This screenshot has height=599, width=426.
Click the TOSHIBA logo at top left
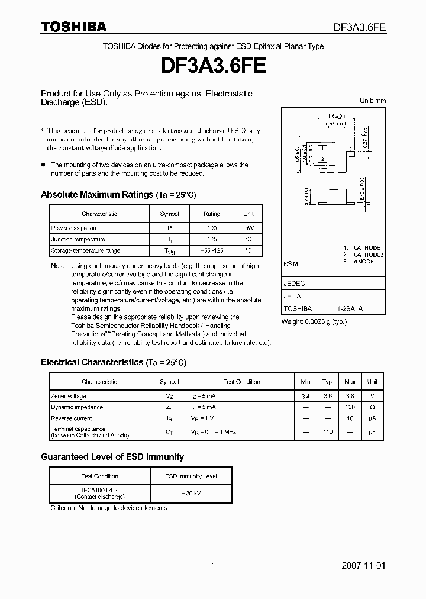point(73,27)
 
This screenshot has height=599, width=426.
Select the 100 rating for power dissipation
point(212,228)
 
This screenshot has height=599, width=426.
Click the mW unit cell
point(248,228)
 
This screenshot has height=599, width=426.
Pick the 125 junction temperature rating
point(212,239)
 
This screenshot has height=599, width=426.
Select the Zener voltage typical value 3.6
point(328,396)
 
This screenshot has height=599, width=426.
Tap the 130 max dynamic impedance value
point(350,407)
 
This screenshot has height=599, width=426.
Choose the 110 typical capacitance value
point(328,432)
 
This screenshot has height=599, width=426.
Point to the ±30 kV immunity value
point(191,493)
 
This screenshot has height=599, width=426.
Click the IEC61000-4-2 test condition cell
point(99,493)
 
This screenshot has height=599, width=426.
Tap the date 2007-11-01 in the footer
point(364,566)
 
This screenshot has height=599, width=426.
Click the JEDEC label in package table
point(294,284)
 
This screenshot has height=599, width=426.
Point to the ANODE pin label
point(363,261)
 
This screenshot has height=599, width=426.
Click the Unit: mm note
point(373,101)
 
